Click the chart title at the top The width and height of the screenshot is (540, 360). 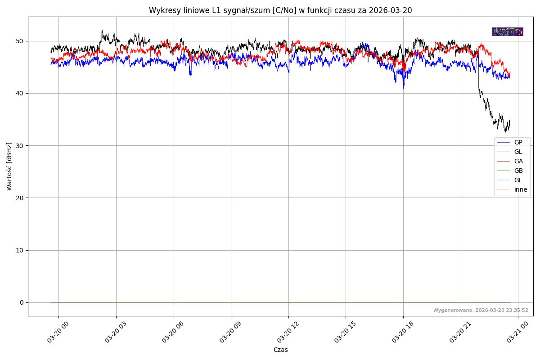pyautogui.click(x=280, y=10)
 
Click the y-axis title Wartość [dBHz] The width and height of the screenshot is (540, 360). pyautogui.click(x=9, y=166)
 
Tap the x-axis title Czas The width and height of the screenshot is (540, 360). pyautogui.click(x=280, y=350)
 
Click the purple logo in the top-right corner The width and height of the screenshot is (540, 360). pyautogui.click(x=508, y=31)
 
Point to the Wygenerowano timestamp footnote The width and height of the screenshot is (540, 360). pyautogui.click(x=481, y=310)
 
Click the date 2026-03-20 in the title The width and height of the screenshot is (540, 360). pyautogui.click(x=390, y=10)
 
